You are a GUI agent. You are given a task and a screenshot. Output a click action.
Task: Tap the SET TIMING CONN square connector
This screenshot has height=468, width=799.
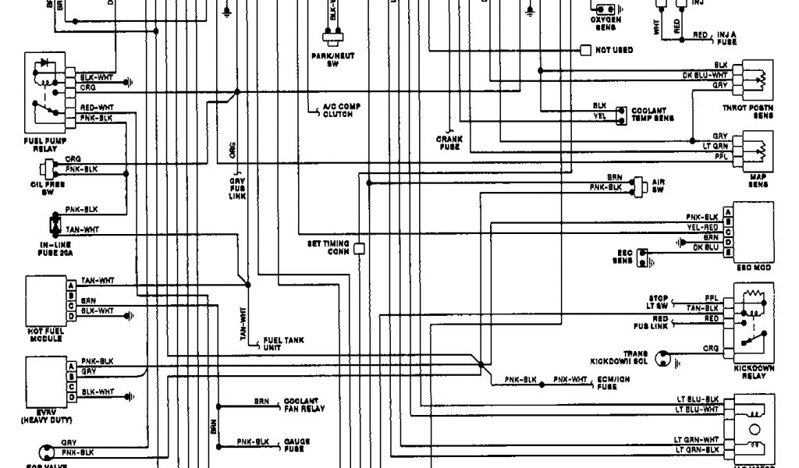pos(360,250)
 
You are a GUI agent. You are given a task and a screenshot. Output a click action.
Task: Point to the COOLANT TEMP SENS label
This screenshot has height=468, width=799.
pos(652,115)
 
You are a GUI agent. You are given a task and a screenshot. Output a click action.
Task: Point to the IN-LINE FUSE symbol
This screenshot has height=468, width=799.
pos(55,225)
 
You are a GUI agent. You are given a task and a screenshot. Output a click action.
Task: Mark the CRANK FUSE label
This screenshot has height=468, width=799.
pos(449,143)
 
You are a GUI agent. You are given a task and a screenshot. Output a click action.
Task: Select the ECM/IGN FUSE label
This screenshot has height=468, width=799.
pos(613,381)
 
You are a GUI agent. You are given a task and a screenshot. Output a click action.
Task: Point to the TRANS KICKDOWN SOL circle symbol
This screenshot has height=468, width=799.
pos(665,359)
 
